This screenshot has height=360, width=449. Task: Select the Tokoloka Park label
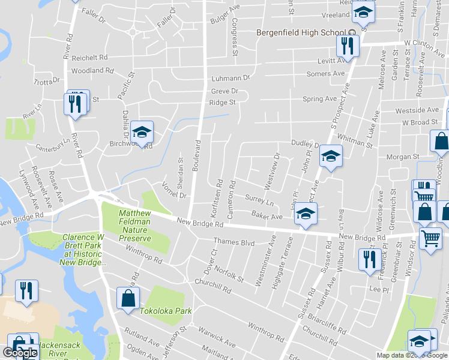pyautogui.click(x=165, y=311)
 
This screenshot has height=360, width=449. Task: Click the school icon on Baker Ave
pyautogui.click(x=306, y=214)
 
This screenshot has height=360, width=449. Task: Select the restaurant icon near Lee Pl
pyautogui.click(x=367, y=259)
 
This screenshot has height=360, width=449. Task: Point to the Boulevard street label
pyautogui.click(x=195, y=156)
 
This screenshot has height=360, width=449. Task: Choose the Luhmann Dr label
pyautogui.click(x=230, y=79)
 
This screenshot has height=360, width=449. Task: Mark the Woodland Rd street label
pyautogui.click(x=92, y=71)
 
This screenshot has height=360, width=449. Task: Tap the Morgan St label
pyautogui.click(x=402, y=157)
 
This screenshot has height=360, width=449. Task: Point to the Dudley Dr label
pyautogui.click(x=304, y=144)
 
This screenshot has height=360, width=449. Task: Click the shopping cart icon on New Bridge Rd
pyautogui.click(x=430, y=238)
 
